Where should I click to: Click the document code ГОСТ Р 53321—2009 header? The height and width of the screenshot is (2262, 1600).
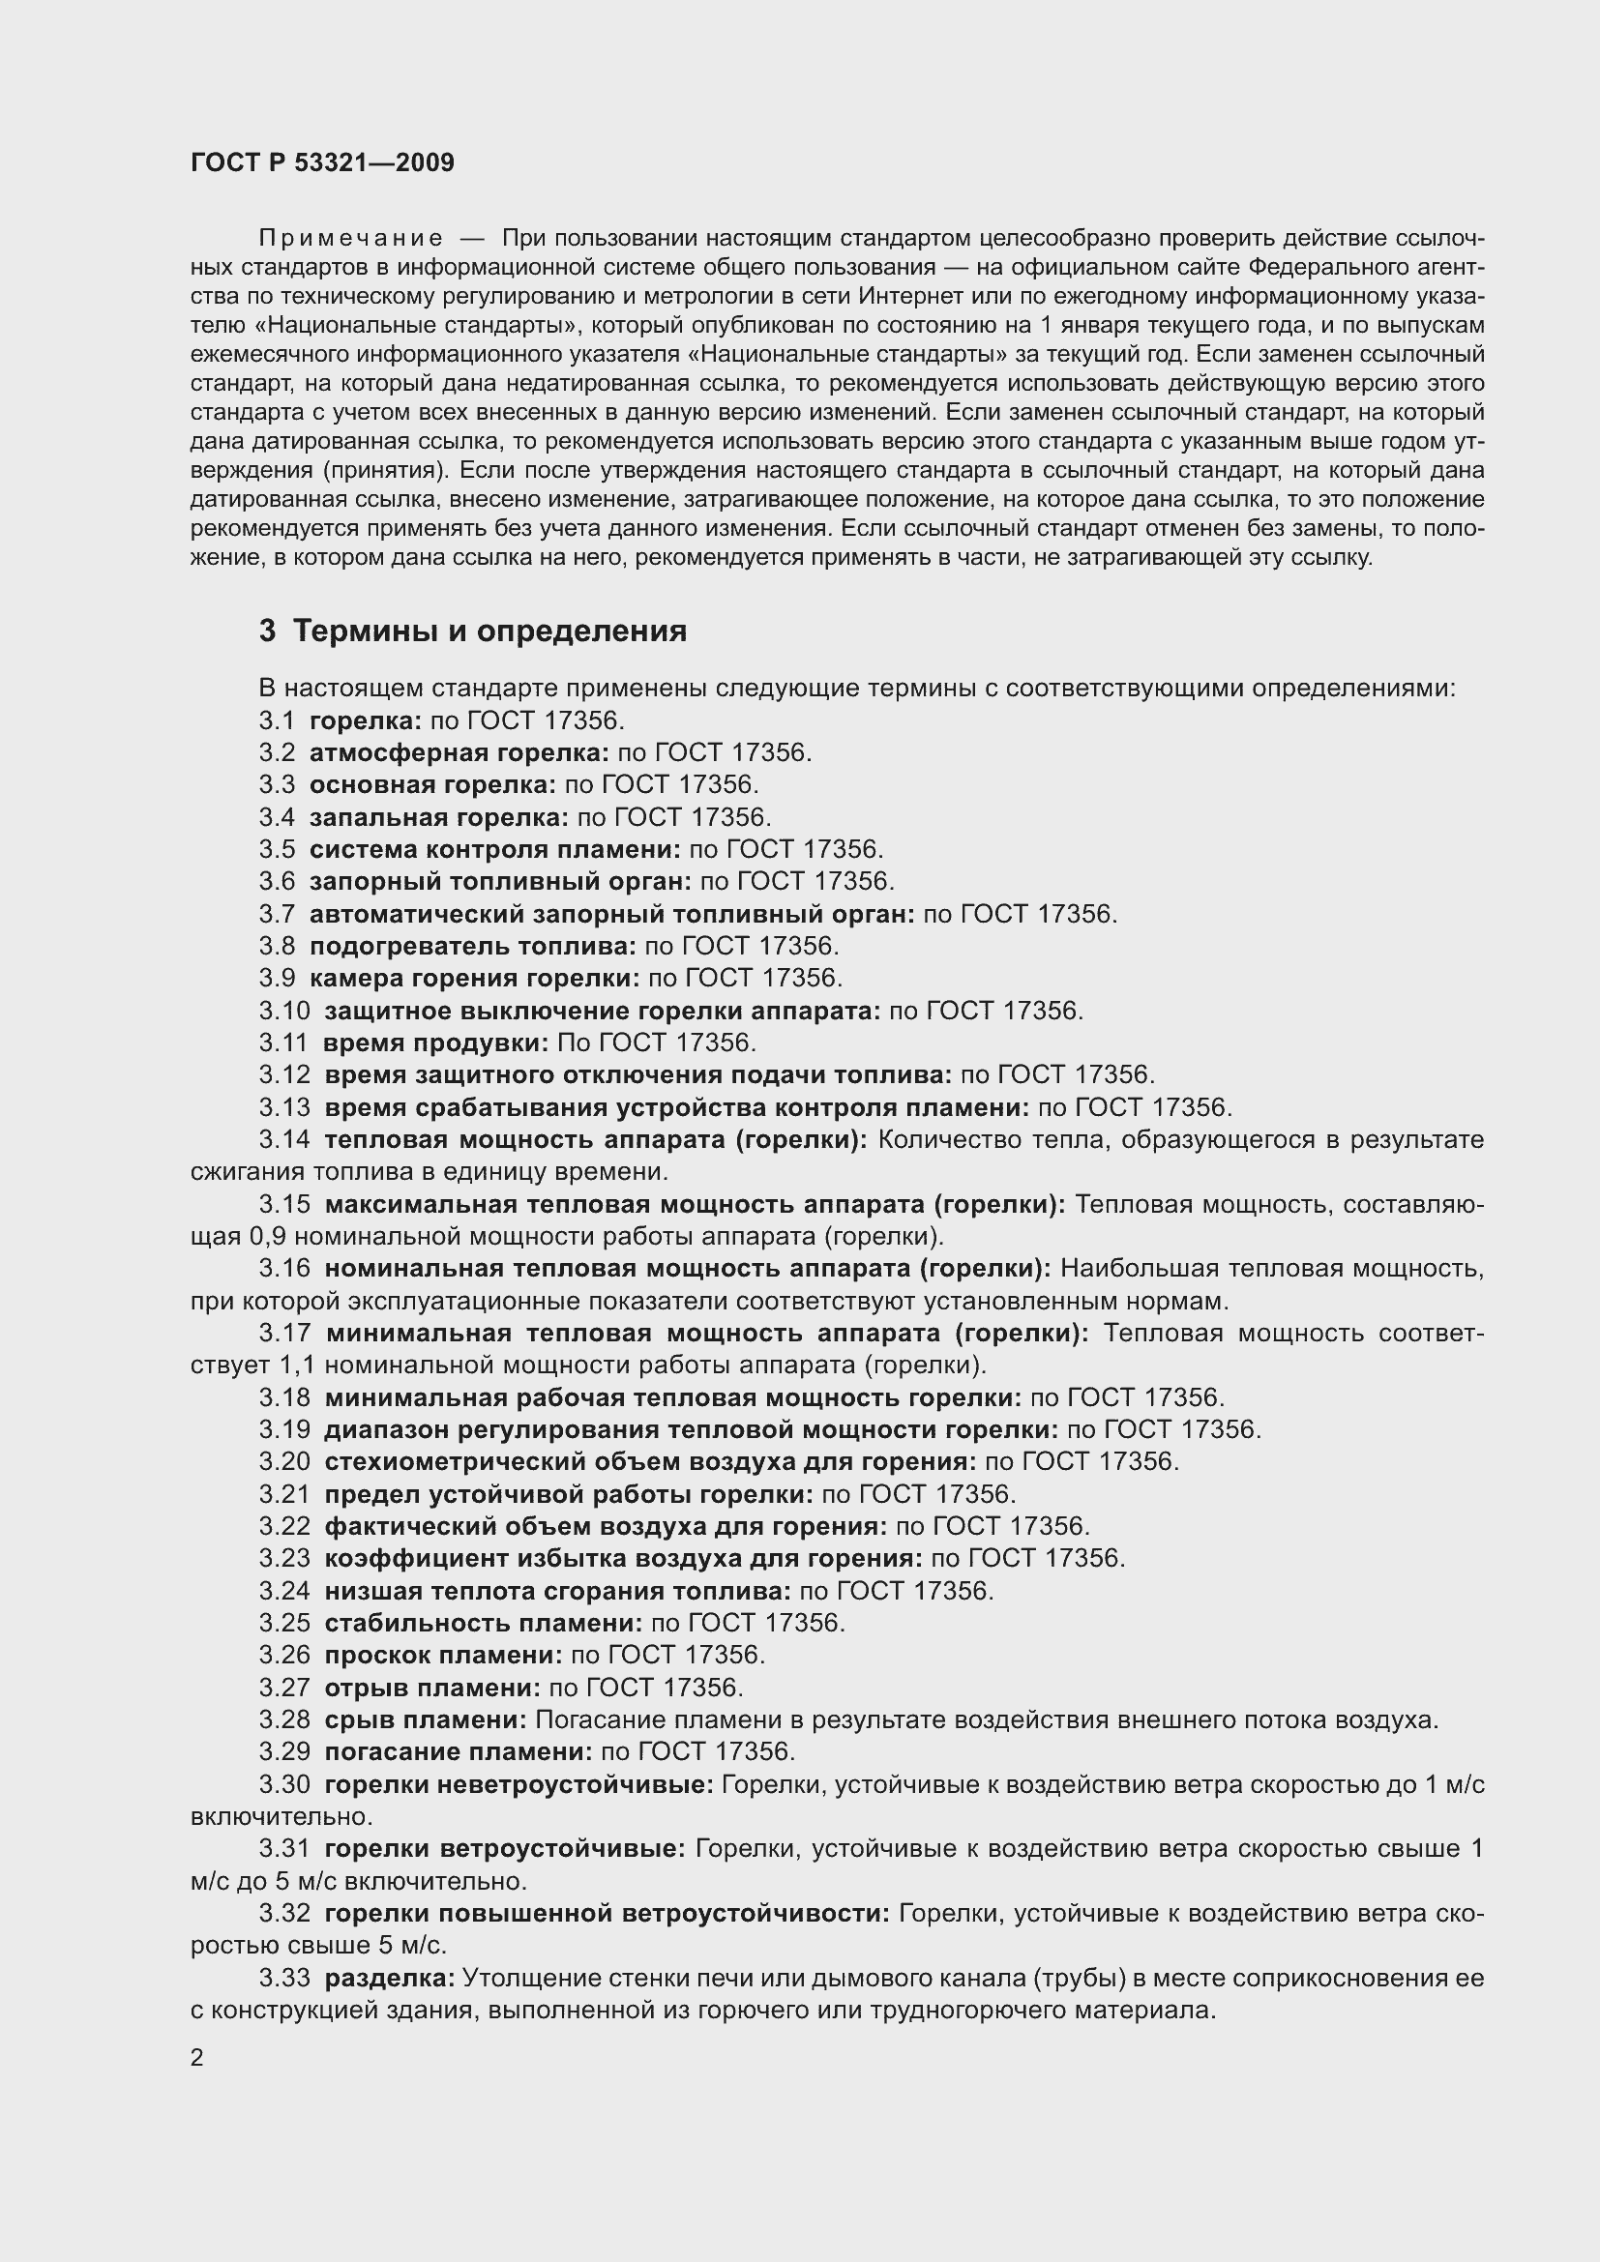[322, 162]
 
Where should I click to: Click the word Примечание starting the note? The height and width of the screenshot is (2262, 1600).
[350, 239]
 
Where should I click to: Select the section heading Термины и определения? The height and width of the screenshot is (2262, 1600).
[489, 631]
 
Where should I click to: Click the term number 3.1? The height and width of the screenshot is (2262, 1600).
[277, 720]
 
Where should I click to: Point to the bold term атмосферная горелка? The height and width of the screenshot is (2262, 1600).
[459, 752]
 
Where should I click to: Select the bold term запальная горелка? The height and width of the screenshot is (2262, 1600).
[438, 817]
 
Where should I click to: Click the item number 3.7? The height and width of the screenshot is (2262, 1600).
[277, 914]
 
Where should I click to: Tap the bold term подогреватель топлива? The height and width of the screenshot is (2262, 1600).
[473, 947]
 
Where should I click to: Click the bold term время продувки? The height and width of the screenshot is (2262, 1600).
[435, 1043]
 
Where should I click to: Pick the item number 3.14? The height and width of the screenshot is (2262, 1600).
[283, 1140]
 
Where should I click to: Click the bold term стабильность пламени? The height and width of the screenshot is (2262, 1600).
[483, 1623]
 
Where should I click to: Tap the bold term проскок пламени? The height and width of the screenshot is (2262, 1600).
[443, 1655]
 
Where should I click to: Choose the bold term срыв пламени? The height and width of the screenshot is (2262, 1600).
[425, 1719]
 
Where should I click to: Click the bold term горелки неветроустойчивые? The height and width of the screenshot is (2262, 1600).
[519, 1784]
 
